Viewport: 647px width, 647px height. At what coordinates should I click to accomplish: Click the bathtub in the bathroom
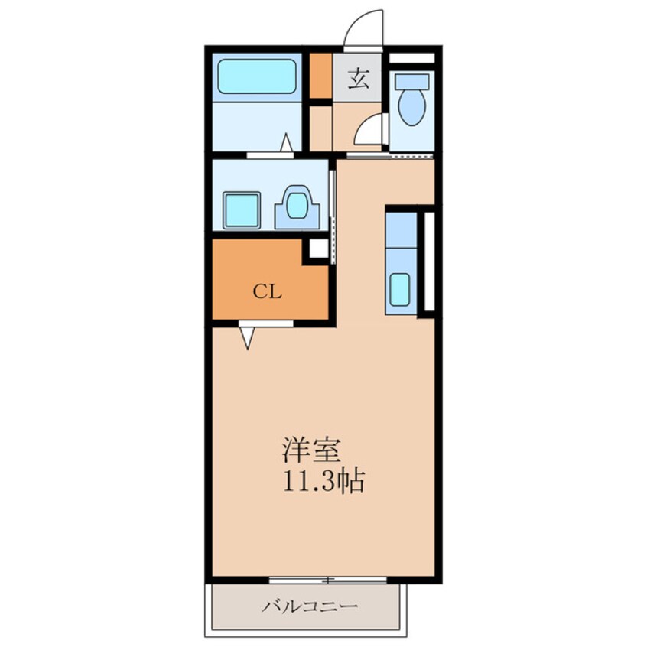click(257, 76)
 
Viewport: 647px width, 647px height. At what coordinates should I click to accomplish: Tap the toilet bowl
click(411, 107)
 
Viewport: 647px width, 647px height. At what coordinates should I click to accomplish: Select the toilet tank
click(411, 81)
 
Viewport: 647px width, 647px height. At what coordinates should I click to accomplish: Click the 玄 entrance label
click(358, 79)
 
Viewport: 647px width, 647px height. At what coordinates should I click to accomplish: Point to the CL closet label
click(268, 292)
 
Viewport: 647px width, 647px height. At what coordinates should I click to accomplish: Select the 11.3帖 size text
click(324, 481)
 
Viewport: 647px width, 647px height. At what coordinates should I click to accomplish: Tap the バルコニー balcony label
click(310, 606)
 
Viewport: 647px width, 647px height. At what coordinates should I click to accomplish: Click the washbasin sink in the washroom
click(297, 206)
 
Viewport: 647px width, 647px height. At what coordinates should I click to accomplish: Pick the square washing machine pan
click(242, 210)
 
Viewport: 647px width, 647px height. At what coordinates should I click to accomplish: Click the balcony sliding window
click(328, 580)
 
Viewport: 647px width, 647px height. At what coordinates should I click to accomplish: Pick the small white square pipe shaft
click(319, 248)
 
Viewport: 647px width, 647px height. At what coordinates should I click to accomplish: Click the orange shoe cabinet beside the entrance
click(320, 76)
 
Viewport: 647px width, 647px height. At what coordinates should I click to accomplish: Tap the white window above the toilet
click(412, 58)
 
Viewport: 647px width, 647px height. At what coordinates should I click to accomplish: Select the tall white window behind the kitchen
click(430, 262)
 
